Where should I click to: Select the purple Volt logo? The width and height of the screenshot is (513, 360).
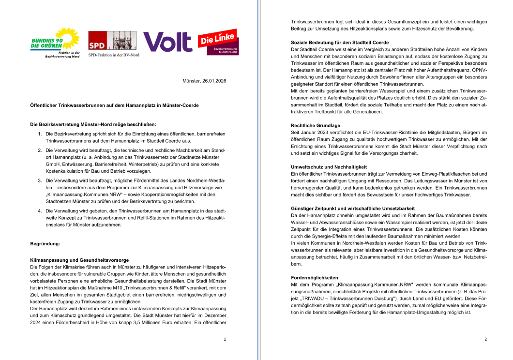167,42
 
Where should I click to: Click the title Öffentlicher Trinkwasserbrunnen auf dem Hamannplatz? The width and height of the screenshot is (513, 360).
114,105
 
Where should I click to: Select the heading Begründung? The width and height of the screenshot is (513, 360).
45,244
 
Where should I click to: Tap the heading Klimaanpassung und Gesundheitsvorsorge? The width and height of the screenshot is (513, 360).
79,260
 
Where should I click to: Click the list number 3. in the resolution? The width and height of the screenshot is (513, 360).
40,180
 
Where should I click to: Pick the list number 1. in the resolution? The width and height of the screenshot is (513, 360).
40,133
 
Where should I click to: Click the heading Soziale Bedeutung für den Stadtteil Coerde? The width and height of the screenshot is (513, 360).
340,43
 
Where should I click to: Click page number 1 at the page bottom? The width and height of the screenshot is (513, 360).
225,339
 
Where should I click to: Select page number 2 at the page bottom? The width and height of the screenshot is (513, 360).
485,339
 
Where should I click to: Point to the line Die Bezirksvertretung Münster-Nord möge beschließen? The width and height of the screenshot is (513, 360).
93,124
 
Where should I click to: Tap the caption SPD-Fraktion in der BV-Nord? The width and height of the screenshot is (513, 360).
113,55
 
